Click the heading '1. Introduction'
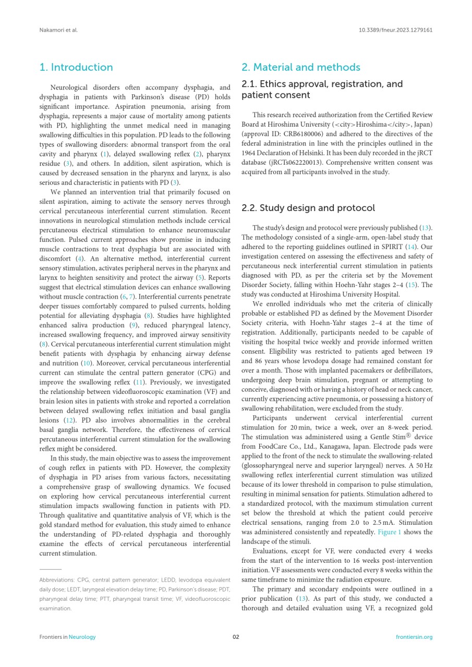[x=76, y=67]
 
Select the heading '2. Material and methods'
[x=300, y=67]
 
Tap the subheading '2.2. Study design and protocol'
[x=308, y=208]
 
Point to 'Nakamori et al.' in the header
[x=58, y=30]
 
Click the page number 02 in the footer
[x=236, y=637]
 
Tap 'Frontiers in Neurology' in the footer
[x=67, y=637]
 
